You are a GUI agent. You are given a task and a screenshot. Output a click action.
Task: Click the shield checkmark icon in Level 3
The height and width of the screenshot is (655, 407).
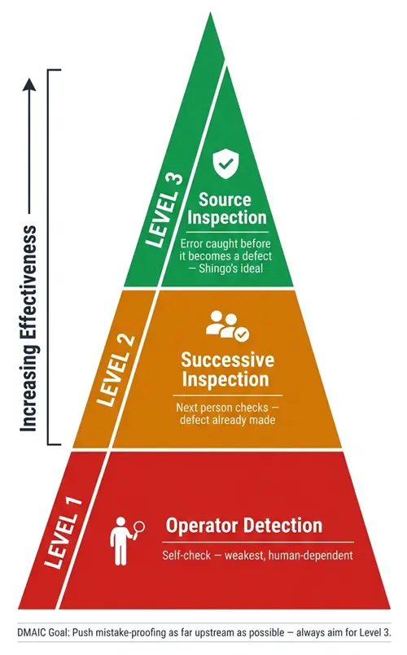pyautogui.click(x=225, y=164)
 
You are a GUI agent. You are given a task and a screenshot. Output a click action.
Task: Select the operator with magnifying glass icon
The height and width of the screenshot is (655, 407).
pyautogui.click(x=128, y=541)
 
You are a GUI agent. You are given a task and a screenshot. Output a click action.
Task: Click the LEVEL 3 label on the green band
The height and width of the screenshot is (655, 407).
pyautogui.click(x=164, y=210)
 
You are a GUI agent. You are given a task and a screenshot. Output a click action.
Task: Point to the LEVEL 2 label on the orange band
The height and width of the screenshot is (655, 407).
pyautogui.click(x=116, y=370)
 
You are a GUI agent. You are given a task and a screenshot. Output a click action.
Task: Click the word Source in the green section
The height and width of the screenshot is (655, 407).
pyautogui.click(x=225, y=199)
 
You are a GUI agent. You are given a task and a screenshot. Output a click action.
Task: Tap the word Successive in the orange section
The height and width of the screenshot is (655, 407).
pyautogui.click(x=227, y=360)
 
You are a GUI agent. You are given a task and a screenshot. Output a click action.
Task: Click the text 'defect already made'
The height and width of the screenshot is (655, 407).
pyautogui.click(x=228, y=419)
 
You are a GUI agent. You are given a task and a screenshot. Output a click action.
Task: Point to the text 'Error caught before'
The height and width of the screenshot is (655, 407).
pyautogui.click(x=225, y=243)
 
